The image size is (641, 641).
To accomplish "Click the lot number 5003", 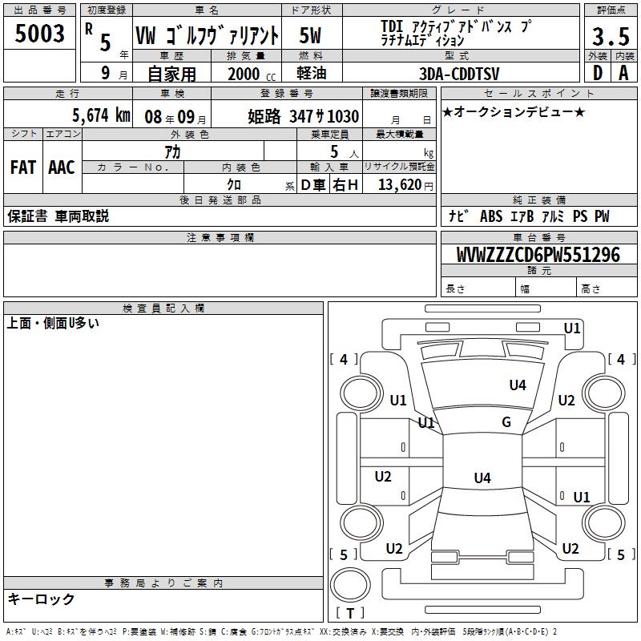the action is tap(39, 34).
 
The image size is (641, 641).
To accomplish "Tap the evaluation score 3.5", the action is tap(611, 36).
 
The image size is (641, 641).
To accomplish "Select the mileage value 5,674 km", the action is tap(102, 115).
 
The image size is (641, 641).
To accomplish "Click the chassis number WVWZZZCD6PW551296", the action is tap(538, 255).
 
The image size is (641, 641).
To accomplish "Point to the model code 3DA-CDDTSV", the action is tap(459, 74).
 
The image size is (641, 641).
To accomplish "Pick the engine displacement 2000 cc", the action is tap(252, 74).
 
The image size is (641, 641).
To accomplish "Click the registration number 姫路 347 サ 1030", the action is tap(304, 116).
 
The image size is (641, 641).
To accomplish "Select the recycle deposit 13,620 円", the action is tap(405, 185).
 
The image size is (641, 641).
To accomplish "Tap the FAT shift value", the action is tap(23, 167).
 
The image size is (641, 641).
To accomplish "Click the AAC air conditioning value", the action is tap(62, 167).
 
